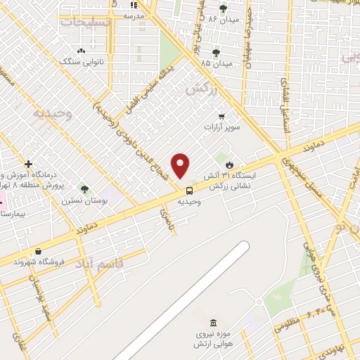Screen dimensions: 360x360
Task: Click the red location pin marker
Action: (x=181, y=165)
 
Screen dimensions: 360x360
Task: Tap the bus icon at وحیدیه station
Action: (x=189, y=190)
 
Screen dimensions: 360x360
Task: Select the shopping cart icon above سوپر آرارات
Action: (x=222, y=117)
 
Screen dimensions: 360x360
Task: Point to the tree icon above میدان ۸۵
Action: (x=216, y=52)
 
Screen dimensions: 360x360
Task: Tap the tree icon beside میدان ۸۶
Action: (x=224, y=8)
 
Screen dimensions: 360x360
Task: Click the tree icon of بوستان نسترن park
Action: (x=85, y=188)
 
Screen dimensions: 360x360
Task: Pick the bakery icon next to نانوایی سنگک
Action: (x=81, y=51)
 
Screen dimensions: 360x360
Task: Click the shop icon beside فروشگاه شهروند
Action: (x=37, y=251)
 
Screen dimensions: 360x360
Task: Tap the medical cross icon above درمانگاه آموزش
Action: (x=28, y=164)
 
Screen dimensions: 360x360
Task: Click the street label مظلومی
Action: (x=288, y=323)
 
